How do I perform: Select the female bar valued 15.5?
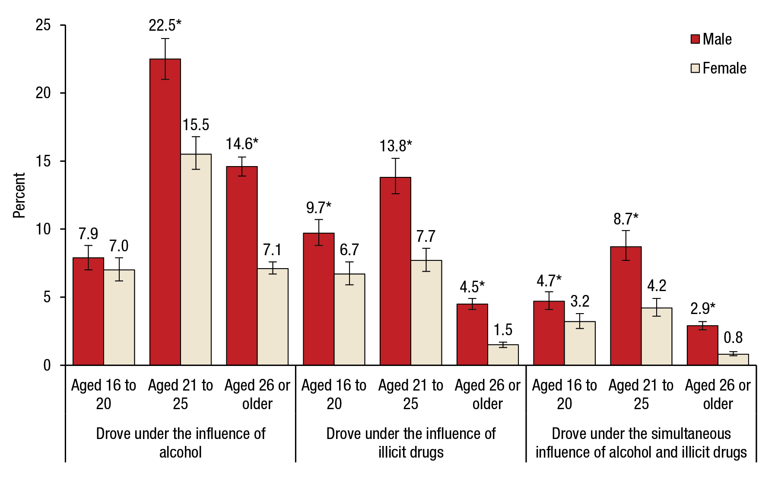(196, 260)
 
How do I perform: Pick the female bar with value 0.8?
(733, 359)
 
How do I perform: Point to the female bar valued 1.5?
(503, 355)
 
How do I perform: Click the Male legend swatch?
(695, 39)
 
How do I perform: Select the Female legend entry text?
(724, 68)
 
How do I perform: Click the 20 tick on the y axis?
(43, 93)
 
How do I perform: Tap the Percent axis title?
(19, 195)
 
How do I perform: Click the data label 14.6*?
(242, 144)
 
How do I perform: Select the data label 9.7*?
(318, 208)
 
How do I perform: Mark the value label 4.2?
(657, 285)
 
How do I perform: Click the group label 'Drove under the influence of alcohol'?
(181, 442)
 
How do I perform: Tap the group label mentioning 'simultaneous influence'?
(641, 442)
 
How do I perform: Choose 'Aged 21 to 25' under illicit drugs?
(410, 394)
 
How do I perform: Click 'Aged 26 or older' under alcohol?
(257, 394)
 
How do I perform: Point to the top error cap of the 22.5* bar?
(165, 38)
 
